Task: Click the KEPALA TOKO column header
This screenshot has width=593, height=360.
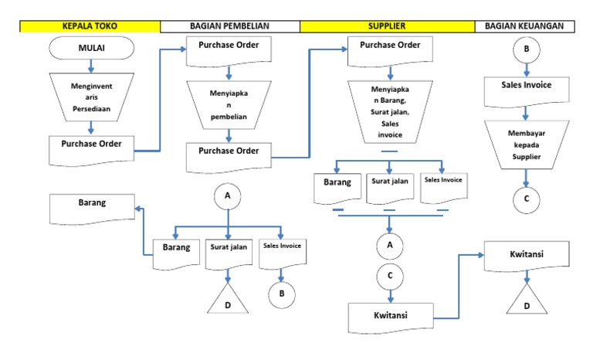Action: tap(90, 26)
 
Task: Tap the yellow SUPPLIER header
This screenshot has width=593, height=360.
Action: tap(387, 26)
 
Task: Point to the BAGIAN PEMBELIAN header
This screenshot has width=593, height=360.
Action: tap(230, 26)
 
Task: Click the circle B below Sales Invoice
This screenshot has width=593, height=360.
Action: tap(282, 292)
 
